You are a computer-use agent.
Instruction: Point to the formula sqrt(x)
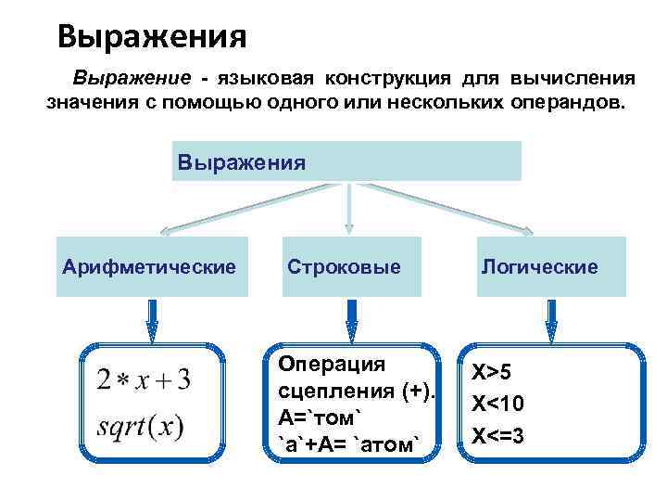click(140, 429)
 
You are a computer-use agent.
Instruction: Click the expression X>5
click(492, 373)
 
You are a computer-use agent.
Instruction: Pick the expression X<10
click(497, 404)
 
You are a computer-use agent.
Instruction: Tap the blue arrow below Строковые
click(350, 321)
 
